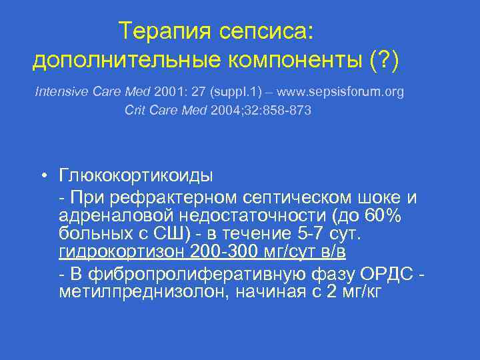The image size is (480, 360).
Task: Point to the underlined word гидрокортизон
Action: click(x=122, y=251)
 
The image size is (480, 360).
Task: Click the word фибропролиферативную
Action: click(x=192, y=273)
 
